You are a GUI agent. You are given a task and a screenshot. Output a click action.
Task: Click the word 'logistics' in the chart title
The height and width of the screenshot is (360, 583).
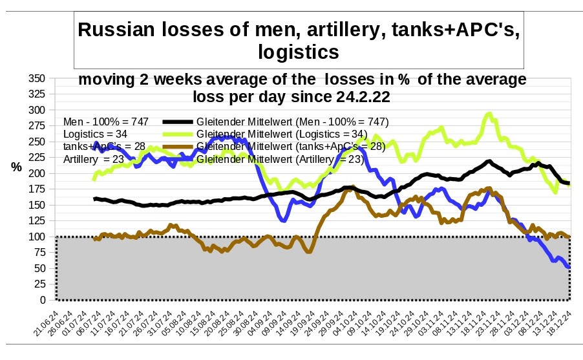298,52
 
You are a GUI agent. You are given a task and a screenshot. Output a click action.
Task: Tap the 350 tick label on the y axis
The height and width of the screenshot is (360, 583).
37,78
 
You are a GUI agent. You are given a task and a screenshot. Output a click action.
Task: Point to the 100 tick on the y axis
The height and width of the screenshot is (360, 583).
37,237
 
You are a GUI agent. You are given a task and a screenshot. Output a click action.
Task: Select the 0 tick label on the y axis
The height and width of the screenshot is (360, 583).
43,300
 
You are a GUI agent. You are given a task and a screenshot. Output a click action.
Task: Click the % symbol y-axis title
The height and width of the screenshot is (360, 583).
16,167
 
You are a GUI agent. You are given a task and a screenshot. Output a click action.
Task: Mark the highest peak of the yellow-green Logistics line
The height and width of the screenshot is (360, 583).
489,114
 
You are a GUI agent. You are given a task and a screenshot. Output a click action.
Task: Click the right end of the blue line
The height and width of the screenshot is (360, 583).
569,267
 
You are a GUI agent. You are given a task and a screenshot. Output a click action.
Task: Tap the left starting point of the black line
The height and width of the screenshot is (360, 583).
94,199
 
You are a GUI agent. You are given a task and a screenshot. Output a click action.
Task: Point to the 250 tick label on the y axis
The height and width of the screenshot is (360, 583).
37,142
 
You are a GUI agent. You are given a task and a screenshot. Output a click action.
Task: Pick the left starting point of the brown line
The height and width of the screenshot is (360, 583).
94,239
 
